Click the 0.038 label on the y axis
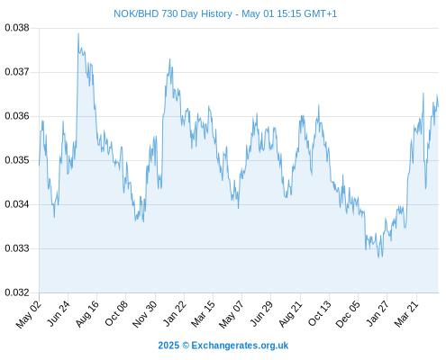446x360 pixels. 17,28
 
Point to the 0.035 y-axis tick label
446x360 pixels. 17,160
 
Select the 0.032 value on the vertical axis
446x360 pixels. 17,292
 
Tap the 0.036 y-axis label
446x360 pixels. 17,116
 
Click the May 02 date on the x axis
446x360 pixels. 29,314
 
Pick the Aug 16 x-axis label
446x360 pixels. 87,313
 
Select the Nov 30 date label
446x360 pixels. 144,314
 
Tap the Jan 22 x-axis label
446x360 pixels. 174,313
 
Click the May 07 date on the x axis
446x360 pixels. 231,314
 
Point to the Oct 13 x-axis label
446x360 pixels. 320,313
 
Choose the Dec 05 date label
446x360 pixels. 347,314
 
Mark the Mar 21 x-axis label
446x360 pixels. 406,313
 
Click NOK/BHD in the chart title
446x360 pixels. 136,13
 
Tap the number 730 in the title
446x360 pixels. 169,13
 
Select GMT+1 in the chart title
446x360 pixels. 321,13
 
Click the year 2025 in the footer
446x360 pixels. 168,346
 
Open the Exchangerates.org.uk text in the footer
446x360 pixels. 240,346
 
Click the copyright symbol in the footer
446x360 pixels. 186,346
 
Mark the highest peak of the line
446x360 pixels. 78,33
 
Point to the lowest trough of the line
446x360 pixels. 379,257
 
